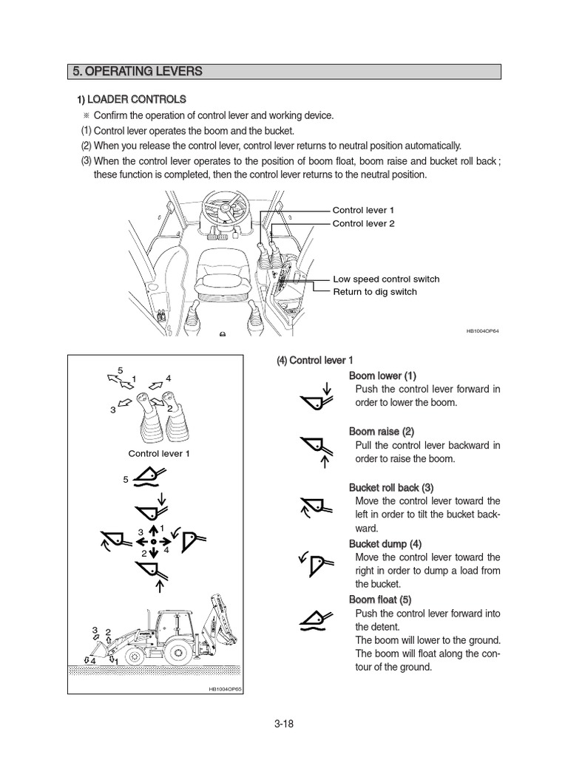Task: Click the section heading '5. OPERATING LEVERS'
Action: click(137, 72)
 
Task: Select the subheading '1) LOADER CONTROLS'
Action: click(132, 99)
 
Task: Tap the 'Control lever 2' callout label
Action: click(363, 223)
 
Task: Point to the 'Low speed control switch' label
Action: click(385, 279)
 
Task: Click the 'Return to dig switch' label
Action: click(374, 291)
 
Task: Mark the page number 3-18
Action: click(283, 724)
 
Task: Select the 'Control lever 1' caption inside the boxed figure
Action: click(159, 453)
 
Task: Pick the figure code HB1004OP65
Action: click(224, 689)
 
